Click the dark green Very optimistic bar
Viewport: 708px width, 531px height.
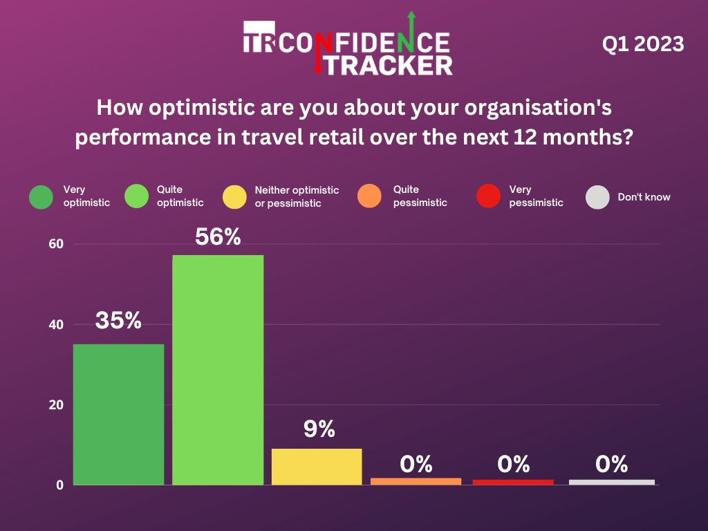(118, 414)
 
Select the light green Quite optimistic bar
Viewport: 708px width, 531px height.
(218, 370)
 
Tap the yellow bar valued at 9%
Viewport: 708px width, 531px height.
(317, 467)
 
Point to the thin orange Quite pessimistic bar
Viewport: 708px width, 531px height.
(416, 481)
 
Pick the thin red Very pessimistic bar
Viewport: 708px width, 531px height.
(513, 482)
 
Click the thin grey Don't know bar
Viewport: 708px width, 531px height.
(611, 482)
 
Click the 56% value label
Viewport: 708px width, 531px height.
(218, 237)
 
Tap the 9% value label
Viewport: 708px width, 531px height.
(319, 429)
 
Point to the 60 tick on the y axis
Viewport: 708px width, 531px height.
(56, 244)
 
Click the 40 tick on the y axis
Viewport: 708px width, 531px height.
(56, 324)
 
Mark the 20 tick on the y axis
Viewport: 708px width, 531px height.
(56, 404)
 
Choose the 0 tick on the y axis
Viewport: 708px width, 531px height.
(60, 485)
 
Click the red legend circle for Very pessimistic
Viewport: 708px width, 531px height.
(489, 196)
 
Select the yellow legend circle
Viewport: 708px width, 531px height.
(235, 196)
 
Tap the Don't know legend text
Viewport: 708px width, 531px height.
(644, 197)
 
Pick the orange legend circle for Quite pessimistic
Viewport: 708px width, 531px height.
(370, 196)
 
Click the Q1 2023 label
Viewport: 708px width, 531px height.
(643, 45)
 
